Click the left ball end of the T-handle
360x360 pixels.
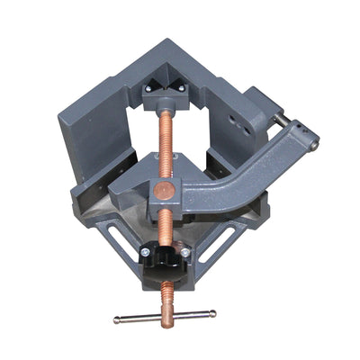point(117,319)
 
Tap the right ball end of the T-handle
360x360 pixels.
point(213,312)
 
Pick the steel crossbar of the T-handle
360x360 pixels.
point(166,316)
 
